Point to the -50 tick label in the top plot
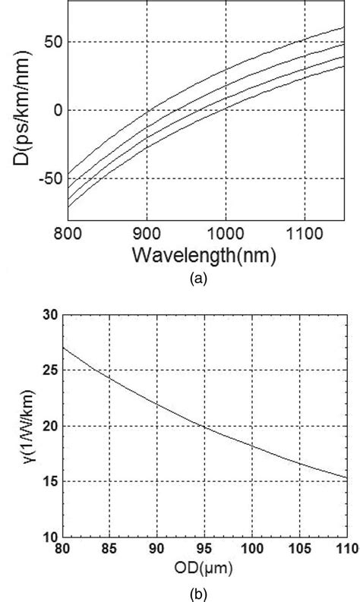(x=47, y=178)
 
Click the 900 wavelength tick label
(x=146, y=232)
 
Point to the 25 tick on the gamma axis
(x=50, y=370)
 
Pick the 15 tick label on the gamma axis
(x=50, y=481)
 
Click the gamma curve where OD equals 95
(x=203, y=426)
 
